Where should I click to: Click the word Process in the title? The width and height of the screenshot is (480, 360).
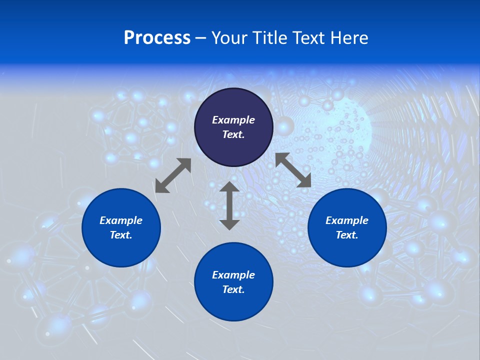point(157,38)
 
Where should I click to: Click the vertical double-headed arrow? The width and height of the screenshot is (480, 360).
point(229,205)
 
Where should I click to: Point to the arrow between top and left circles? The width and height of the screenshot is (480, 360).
point(173,175)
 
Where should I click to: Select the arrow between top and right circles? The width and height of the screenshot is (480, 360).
point(293,170)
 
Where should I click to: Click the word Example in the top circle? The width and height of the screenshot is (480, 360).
point(233,120)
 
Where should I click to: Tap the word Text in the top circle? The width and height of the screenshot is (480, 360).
point(233,134)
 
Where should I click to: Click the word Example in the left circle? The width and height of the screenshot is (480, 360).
point(121,220)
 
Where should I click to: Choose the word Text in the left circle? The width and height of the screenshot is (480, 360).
point(121,235)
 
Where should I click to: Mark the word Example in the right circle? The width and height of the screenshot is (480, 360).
point(347,220)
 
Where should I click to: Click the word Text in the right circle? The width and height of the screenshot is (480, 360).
point(347,235)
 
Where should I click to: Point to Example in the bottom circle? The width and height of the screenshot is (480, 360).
point(233,275)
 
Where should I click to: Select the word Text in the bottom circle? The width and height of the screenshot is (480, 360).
point(233,289)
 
